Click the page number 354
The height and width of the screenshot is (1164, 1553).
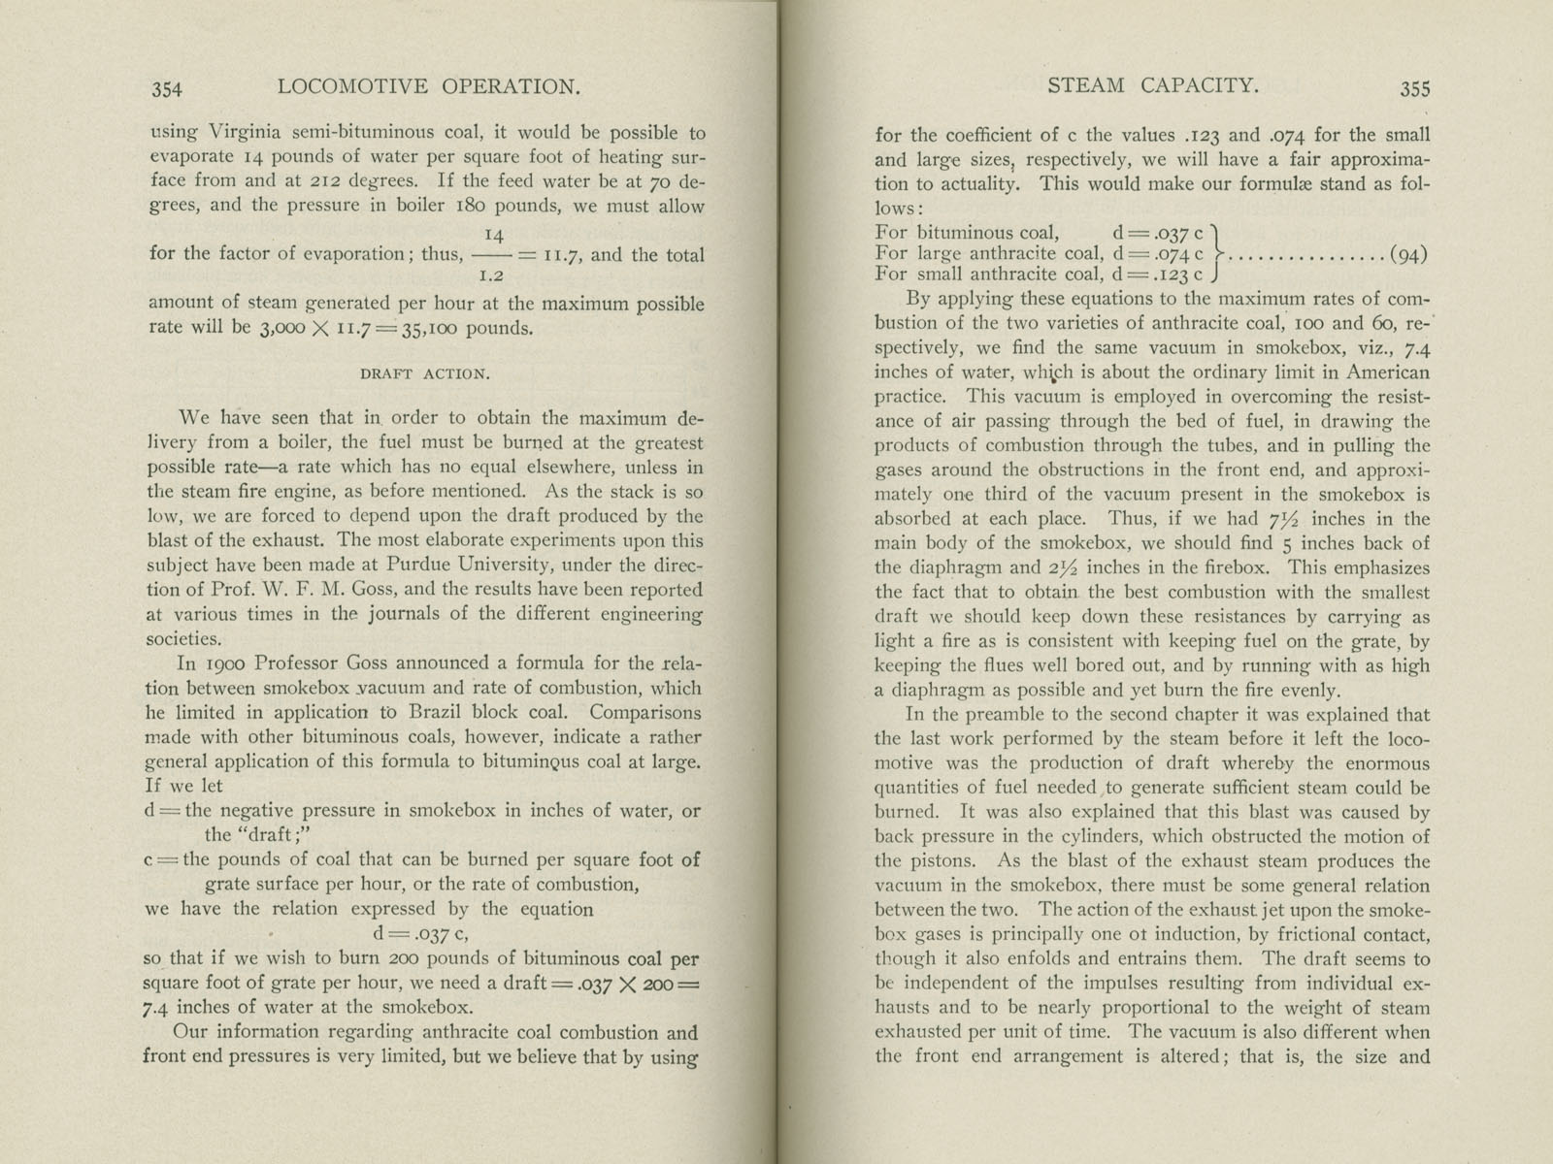click(x=167, y=89)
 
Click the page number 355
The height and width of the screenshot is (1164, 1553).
click(x=1414, y=88)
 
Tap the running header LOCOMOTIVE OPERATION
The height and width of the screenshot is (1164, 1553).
click(x=429, y=87)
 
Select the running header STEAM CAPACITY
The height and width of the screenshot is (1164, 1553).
click(x=1153, y=85)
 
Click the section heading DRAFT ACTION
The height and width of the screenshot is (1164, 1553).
click(x=426, y=373)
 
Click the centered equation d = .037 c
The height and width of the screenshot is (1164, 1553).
click(x=421, y=934)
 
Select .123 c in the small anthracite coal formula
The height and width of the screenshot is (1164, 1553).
click(x=1183, y=275)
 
